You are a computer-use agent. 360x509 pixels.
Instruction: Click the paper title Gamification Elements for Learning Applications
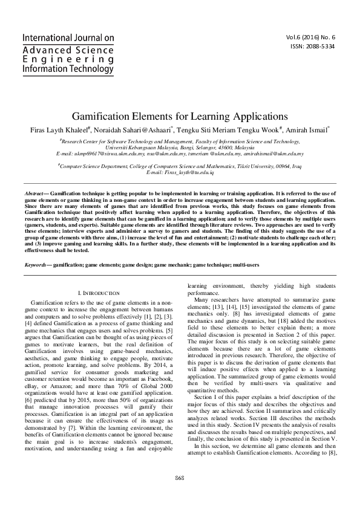click(x=180, y=116)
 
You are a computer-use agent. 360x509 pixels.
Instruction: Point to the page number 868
click(x=180, y=494)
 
